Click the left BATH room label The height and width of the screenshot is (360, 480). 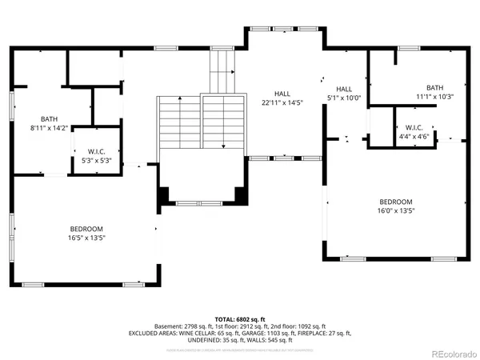point(38,118)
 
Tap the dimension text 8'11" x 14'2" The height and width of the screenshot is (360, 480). point(38,126)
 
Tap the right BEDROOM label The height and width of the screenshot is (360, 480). point(396,202)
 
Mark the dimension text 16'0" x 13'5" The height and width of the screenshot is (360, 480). point(396,210)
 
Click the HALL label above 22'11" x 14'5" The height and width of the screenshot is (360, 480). point(282,94)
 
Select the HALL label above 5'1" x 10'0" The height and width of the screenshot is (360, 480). point(344,89)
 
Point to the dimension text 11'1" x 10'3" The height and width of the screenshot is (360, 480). point(434,97)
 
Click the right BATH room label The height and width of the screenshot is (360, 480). point(434,88)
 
